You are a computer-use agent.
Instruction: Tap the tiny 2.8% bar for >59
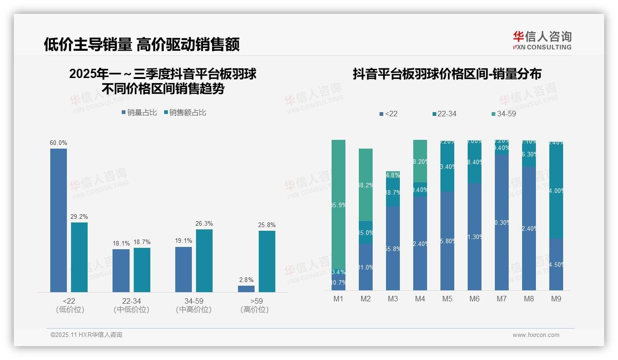(246, 289)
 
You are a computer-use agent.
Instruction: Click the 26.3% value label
(204, 224)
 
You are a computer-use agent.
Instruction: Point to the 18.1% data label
(121, 243)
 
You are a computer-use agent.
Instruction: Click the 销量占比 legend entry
(139, 113)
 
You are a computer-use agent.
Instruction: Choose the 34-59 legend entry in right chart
(503, 114)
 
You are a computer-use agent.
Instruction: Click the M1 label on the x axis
(339, 299)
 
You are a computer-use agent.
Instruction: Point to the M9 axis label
(556, 299)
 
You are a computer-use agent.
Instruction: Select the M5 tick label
(447, 299)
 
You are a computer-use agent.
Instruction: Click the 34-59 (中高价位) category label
(194, 306)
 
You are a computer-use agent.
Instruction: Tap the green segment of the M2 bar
(366, 185)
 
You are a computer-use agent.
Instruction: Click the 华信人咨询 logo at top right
(542, 41)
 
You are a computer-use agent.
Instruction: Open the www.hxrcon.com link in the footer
(536, 335)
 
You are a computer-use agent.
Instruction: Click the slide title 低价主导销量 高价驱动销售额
(142, 45)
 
